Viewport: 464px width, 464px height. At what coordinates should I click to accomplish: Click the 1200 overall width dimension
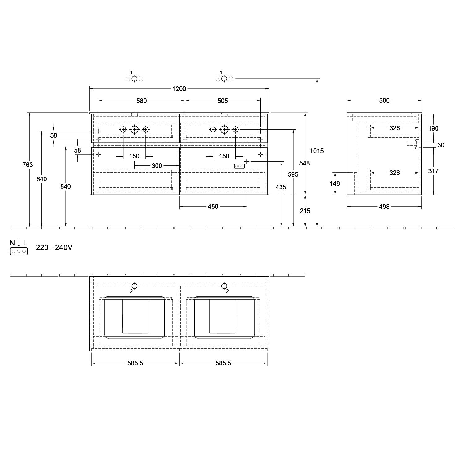(x=179, y=89)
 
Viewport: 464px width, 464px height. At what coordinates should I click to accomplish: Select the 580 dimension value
(x=141, y=101)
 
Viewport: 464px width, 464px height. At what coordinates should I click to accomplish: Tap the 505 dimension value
(x=223, y=101)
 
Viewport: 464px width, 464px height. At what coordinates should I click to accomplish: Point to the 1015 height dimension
(x=317, y=151)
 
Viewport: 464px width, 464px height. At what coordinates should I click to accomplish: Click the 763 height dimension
(x=28, y=165)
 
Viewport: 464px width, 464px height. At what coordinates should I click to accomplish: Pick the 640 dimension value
(x=41, y=179)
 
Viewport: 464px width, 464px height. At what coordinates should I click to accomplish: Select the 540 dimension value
(x=66, y=187)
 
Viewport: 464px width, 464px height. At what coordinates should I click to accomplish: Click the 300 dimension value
(x=157, y=166)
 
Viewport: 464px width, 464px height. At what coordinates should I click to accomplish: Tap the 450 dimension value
(x=213, y=207)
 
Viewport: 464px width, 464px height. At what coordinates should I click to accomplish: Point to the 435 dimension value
(x=281, y=187)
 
